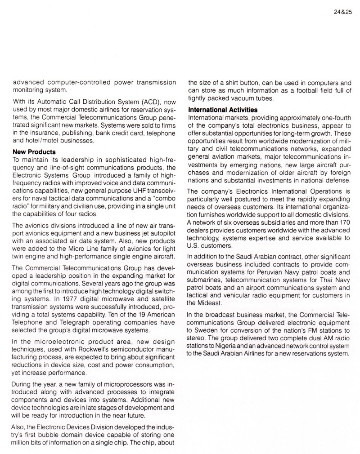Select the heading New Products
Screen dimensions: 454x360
tap(34, 152)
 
